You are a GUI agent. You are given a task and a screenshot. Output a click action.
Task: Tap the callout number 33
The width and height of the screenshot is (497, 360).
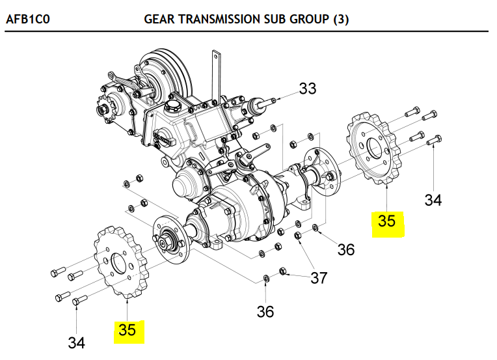pos(307,89)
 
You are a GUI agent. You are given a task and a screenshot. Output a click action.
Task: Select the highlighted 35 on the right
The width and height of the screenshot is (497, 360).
pos(386,221)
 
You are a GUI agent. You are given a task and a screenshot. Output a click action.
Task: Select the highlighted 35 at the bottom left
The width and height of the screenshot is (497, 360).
pos(127,330)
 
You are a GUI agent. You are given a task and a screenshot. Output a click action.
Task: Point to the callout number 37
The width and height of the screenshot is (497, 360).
pos(318,279)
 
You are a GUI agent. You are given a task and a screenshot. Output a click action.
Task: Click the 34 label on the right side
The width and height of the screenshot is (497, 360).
pos(433,200)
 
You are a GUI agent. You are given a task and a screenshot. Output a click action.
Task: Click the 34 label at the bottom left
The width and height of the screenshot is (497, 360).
pos(76,342)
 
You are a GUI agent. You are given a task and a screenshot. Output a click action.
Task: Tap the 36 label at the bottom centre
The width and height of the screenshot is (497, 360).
pos(265,312)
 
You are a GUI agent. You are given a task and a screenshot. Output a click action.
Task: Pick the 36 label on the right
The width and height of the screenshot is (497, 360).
pos(346,249)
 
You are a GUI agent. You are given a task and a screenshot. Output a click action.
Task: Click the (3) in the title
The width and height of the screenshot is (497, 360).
pos(341,20)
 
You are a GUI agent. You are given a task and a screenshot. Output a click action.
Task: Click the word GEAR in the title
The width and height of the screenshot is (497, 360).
pos(158,20)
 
